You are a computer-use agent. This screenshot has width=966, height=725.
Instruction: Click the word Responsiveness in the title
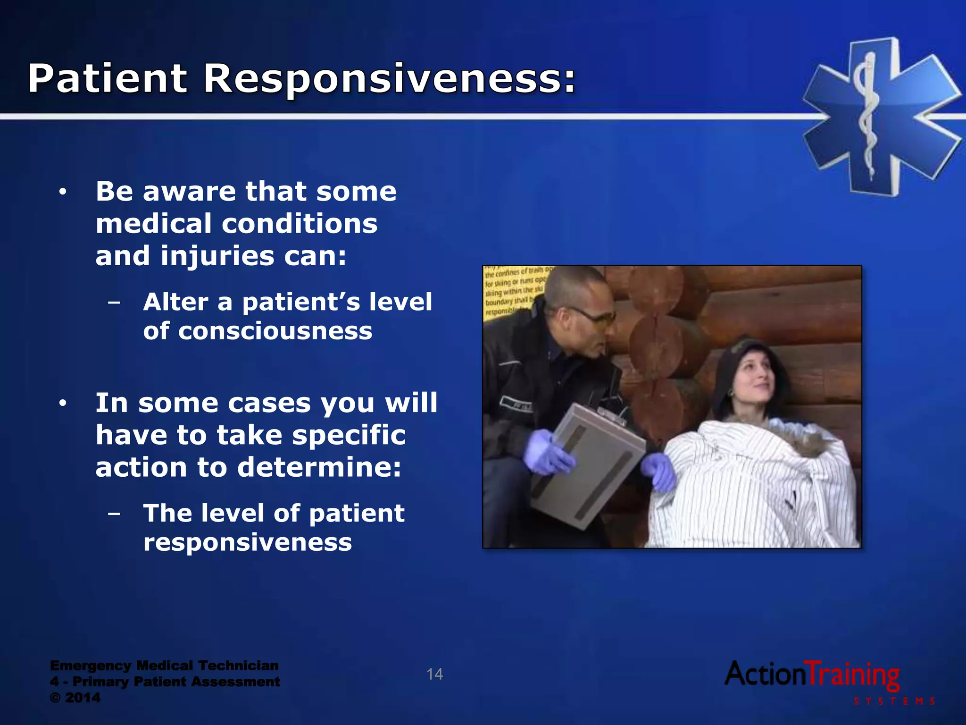[x=389, y=78]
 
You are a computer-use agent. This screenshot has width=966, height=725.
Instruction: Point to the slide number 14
[x=434, y=674]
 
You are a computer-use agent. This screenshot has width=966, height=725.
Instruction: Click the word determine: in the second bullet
[x=319, y=467]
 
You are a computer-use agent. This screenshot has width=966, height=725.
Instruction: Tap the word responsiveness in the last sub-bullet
[x=247, y=542]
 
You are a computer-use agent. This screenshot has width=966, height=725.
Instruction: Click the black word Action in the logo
[x=764, y=674]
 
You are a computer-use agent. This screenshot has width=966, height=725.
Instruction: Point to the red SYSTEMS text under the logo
[x=894, y=701]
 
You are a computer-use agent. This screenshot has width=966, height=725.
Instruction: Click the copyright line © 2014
[x=75, y=698]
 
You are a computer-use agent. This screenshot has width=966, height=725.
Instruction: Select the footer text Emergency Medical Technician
[x=164, y=666]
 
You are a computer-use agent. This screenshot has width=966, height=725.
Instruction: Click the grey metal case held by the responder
[x=587, y=465]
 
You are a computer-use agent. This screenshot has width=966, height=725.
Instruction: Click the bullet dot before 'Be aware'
[x=63, y=193]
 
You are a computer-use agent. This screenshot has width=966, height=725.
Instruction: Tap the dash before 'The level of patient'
[x=114, y=513]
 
